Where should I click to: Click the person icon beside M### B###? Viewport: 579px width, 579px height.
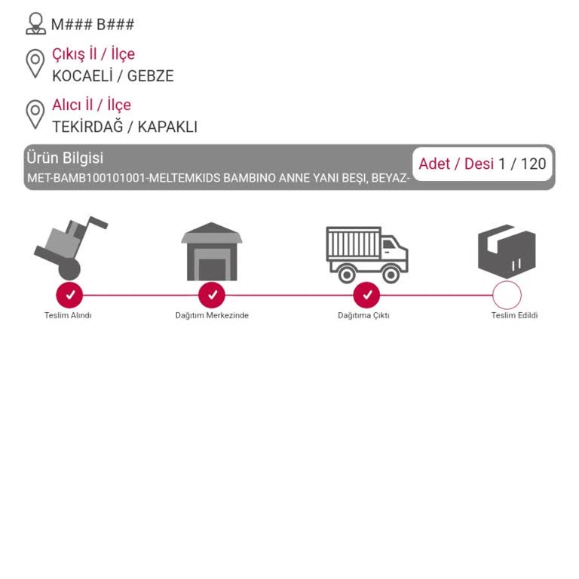(x=36, y=23)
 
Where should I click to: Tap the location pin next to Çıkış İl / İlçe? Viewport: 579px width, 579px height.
(x=35, y=63)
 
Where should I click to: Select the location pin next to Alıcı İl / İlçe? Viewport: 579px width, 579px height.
(x=35, y=115)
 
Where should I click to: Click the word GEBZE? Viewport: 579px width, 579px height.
(x=150, y=76)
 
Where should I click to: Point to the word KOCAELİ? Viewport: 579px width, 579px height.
(x=82, y=75)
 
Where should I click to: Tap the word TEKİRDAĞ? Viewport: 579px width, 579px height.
(x=87, y=127)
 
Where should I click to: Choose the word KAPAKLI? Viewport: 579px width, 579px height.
(x=167, y=127)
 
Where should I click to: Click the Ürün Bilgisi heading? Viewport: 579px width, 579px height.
(x=65, y=158)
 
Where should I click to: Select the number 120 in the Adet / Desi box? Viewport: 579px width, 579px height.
(x=533, y=164)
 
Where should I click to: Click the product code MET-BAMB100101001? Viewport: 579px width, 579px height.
(x=85, y=178)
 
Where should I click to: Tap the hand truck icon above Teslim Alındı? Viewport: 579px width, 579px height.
(x=71, y=248)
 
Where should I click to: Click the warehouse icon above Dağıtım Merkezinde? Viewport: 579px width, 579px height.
(x=212, y=252)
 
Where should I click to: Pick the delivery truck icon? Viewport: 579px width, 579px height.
(x=366, y=255)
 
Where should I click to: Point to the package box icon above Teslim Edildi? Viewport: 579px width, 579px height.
(x=507, y=252)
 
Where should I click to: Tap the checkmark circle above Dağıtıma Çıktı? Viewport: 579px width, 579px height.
(x=366, y=295)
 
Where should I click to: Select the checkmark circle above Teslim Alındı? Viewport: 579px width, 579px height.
(x=69, y=295)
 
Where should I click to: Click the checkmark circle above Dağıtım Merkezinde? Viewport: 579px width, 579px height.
(x=212, y=295)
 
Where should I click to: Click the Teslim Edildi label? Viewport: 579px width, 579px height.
(x=514, y=315)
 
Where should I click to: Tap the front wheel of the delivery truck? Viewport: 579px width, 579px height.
(x=391, y=274)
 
